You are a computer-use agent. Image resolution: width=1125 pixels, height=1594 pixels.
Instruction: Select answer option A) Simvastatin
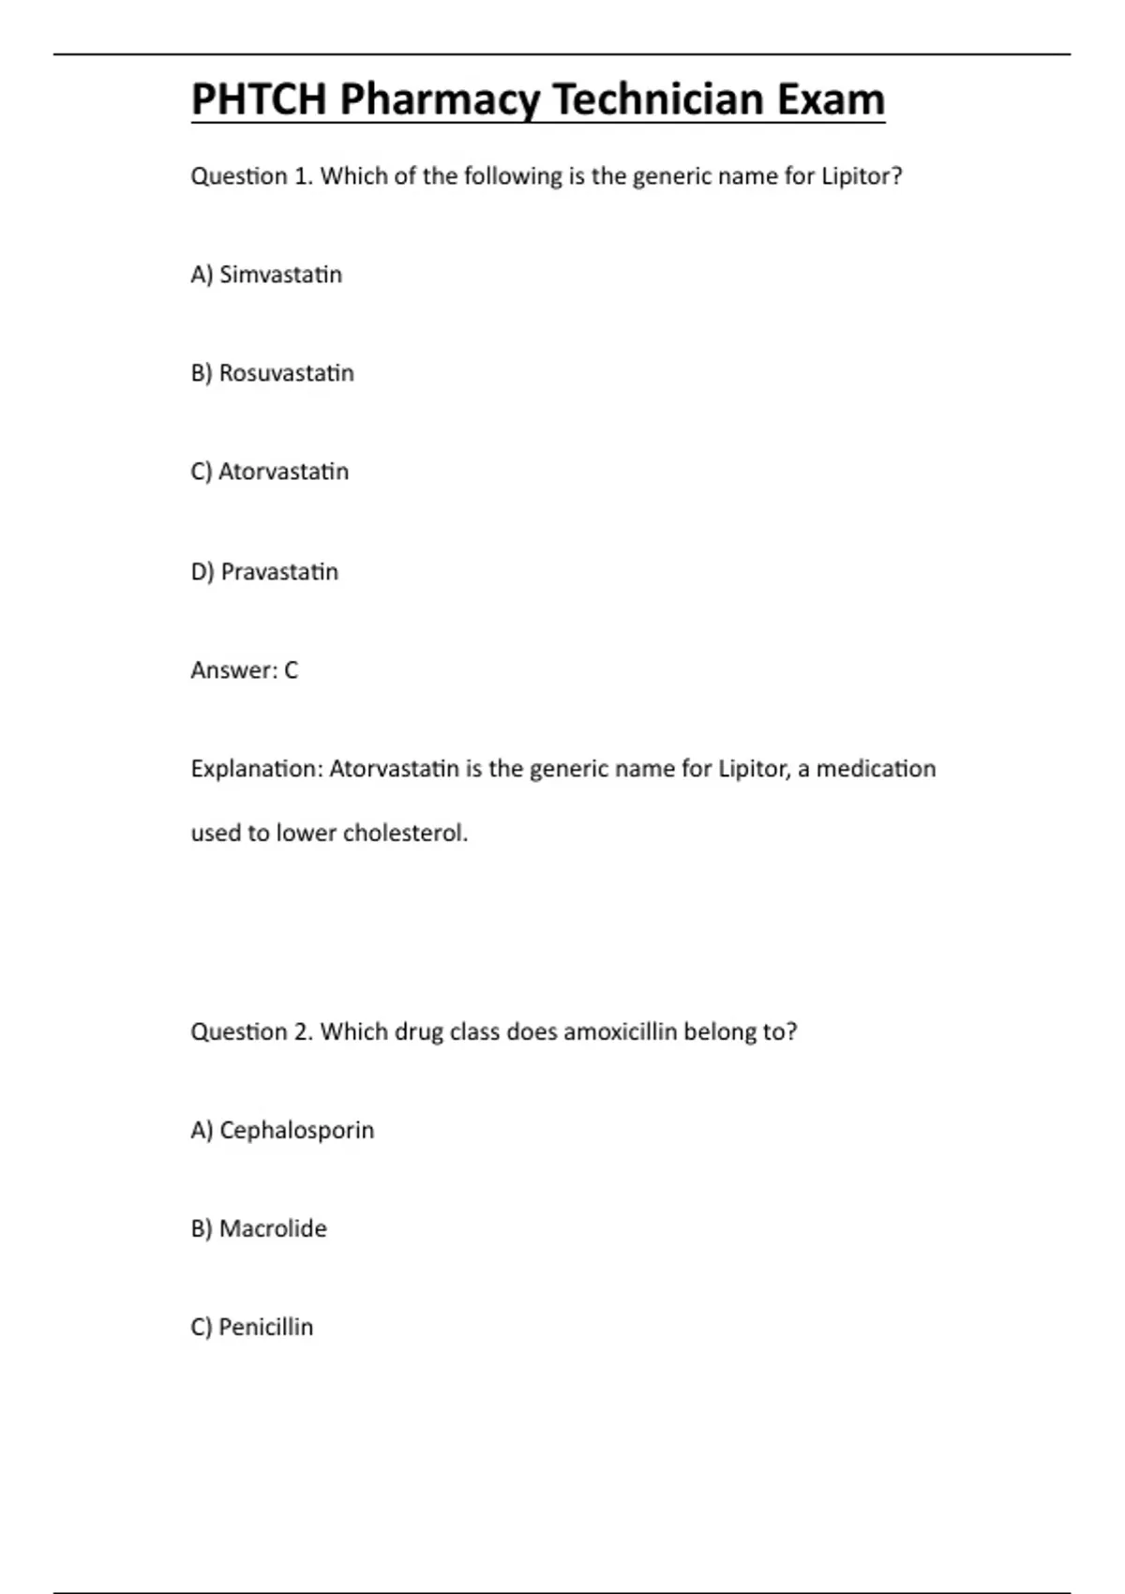(x=266, y=275)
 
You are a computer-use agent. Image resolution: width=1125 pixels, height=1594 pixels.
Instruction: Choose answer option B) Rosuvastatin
(x=272, y=373)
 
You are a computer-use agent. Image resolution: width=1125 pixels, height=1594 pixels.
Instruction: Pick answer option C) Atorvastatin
(x=269, y=471)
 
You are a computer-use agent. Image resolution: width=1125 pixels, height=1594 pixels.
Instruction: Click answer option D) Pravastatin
(x=264, y=571)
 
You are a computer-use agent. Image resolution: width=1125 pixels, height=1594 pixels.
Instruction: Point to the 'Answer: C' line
(x=244, y=669)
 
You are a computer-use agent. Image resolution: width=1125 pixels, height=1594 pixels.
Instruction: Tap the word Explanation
(x=257, y=769)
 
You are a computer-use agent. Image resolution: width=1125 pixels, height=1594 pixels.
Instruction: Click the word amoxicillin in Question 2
(x=620, y=1031)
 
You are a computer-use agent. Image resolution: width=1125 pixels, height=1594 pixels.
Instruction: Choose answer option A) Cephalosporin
(x=282, y=1130)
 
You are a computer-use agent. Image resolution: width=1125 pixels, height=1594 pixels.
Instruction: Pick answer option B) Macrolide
(x=259, y=1228)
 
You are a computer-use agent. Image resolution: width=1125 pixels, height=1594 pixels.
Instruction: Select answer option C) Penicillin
(x=251, y=1327)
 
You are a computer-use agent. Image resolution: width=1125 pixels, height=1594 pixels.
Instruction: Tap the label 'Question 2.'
(x=251, y=1031)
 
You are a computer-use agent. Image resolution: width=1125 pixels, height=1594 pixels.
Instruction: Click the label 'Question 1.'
(x=251, y=176)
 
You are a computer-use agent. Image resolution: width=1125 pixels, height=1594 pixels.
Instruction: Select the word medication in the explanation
(x=876, y=769)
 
